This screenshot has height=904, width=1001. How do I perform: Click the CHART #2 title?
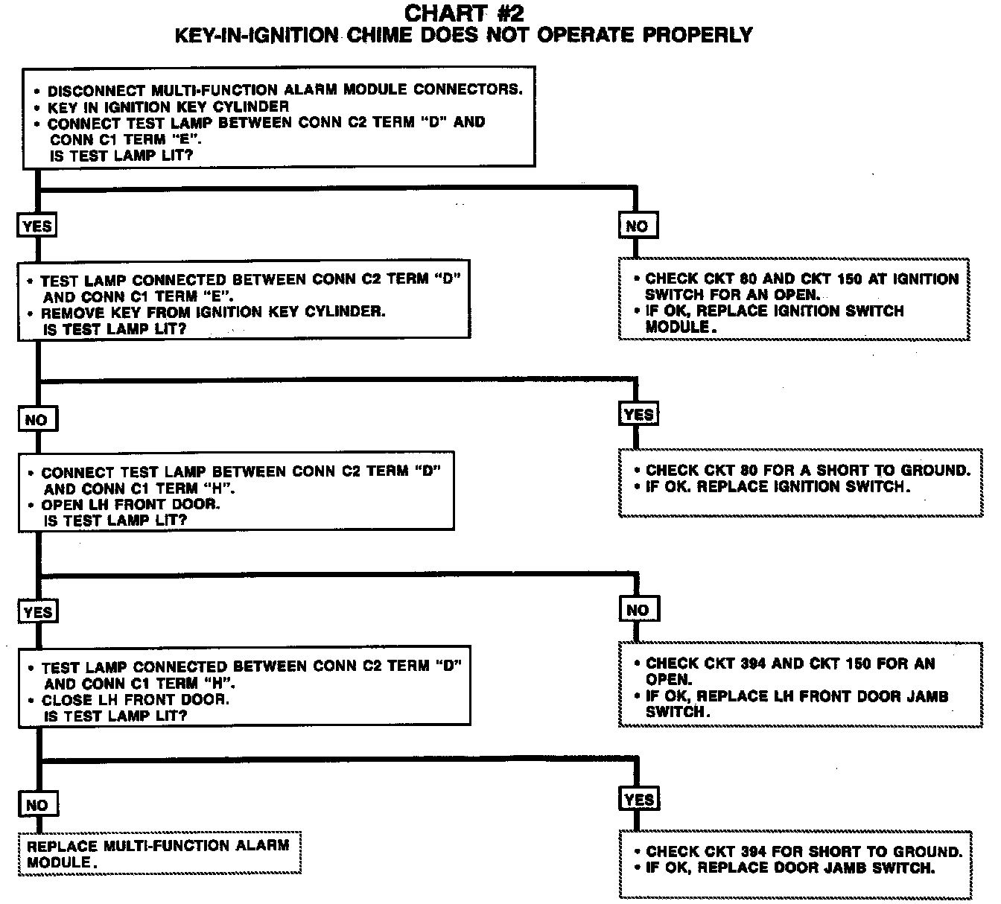coord(463,13)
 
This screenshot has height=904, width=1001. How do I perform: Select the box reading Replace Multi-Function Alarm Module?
coord(159,853)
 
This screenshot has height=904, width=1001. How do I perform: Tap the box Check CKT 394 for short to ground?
coord(795,864)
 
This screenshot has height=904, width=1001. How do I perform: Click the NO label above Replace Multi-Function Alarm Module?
coord(36,805)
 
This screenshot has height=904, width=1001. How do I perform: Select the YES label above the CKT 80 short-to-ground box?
coord(638,414)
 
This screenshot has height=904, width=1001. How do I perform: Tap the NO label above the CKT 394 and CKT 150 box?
coord(638,610)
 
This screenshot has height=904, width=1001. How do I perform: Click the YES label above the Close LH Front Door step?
coord(37,612)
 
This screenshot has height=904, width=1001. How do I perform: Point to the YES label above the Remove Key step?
coord(37,226)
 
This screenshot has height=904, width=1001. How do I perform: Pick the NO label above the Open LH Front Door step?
coord(36,420)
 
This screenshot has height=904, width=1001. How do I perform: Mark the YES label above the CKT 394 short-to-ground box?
coord(639,800)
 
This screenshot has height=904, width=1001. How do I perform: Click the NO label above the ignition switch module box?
coord(638,226)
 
